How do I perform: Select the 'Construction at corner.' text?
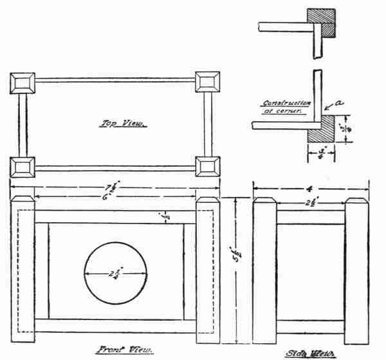[x=287, y=106]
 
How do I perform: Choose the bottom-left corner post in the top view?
[x=23, y=166]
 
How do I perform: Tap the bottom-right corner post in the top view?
[x=207, y=166]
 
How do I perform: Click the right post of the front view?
[x=207, y=270]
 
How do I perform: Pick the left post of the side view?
[x=264, y=270]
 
